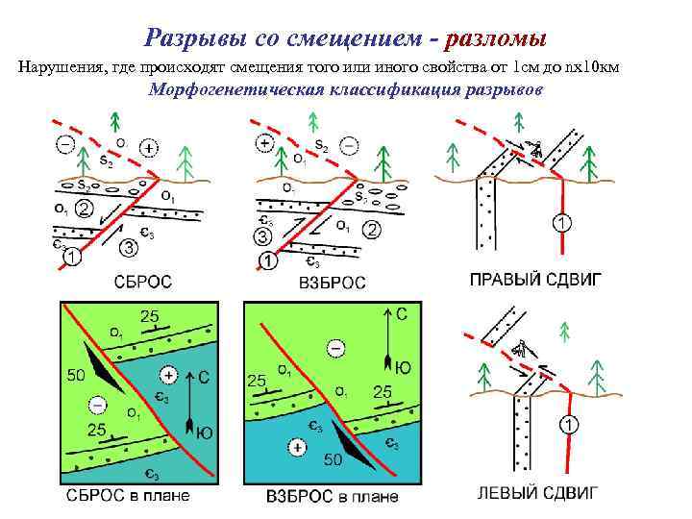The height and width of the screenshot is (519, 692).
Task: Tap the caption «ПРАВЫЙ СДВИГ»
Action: coord(534,281)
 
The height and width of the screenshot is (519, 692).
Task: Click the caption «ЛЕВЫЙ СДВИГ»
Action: coord(538,494)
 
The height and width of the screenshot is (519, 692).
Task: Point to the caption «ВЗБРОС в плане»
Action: coord(331,498)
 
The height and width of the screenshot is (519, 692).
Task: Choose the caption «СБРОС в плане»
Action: coord(128,496)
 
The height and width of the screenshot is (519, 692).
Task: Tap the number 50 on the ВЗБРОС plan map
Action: coord(333,460)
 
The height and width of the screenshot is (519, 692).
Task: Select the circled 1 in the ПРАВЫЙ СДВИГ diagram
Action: coord(561,224)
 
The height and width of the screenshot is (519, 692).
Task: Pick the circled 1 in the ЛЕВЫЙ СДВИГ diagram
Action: coord(570,424)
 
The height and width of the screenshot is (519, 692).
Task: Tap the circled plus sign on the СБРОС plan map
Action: coord(169,374)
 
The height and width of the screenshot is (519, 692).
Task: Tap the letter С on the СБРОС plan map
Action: coord(203,377)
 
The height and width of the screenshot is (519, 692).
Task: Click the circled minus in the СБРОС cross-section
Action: coord(65,145)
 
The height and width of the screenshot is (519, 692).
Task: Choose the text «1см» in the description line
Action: coord(528,66)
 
